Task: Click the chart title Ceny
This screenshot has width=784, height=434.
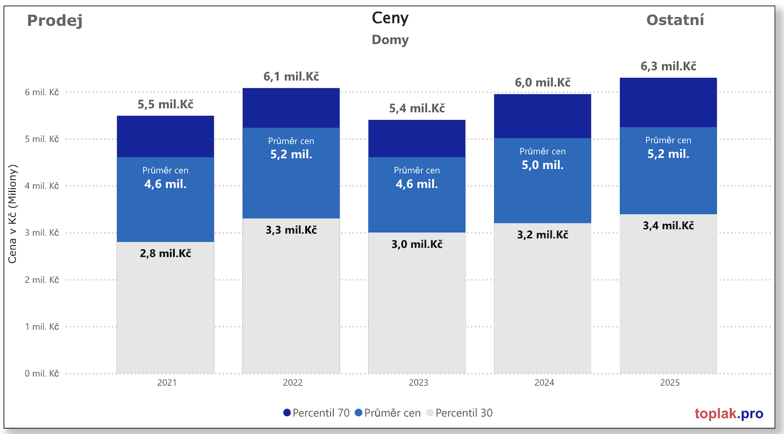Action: pyautogui.click(x=390, y=18)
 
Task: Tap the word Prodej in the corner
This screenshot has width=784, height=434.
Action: pyautogui.click(x=55, y=20)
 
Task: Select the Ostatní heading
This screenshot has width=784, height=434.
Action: pyautogui.click(x=675, y=20)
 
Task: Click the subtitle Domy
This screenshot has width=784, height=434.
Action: pyautogui.click(x=390, y=40)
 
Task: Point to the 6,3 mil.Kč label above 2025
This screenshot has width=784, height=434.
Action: pyautogui.click(x=668, y=66)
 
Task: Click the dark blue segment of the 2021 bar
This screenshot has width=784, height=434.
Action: pyautogui.click(x=165, y=137)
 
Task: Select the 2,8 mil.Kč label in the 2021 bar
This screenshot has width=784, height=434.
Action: pyautogui.click(x=165, y=253)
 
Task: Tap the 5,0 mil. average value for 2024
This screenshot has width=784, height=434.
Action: pyautogui.click(x=543, y=165)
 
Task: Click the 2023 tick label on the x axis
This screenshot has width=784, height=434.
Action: pyautogui.click(x=418, y=383)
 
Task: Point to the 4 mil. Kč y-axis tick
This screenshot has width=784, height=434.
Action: pyautogui.click(x=42, y=186)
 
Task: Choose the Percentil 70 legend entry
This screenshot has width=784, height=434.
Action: pyautogui.click(x=316, y=413)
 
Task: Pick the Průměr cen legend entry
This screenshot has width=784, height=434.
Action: pyautogui.click(x=388, y=413)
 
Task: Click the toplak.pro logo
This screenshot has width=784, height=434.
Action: pyautogui.click(x=729, y=414)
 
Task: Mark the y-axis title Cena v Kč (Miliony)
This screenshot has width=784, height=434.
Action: pyautogui.click(x=12, y=214)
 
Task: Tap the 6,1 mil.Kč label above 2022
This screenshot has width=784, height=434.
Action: pyautogui.click(x=291, y=76)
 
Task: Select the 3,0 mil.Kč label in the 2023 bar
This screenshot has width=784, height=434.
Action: pyautogui.click(x=417, y=244)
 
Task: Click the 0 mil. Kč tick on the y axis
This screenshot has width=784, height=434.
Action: pyautogui.click(x=42, y=374)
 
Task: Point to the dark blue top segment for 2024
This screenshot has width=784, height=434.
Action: pyautogui.click(x=543, y=116)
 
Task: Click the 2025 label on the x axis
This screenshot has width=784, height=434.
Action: pyautogui.click(x=670, y=383)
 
